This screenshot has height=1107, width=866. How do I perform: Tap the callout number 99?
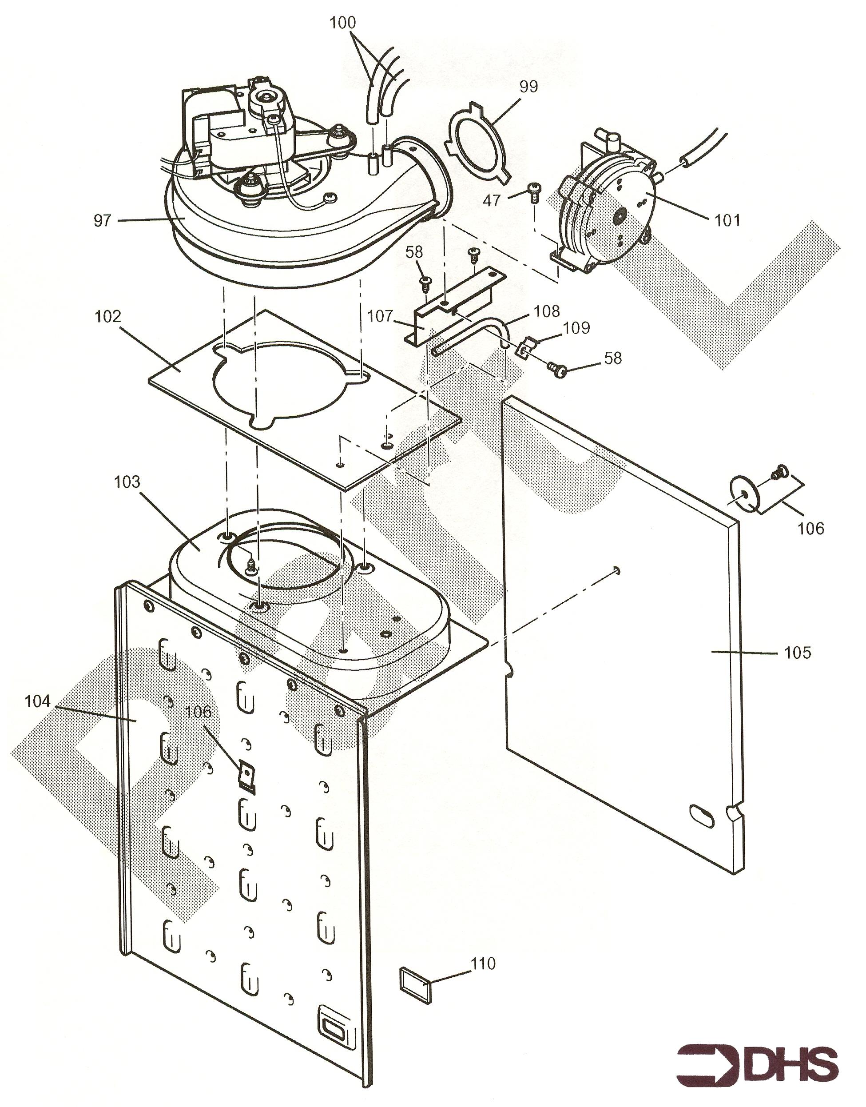pyautogui.click(x=528, y=87)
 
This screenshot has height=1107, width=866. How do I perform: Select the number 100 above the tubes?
pyautogui.click(x=343, y=23)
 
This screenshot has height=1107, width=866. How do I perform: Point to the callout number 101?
pyautogui.click(x=727, y=221)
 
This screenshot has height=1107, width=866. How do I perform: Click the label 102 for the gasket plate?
pyautogui.click(x=108, y=316)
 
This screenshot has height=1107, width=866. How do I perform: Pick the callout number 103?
pyautogui.click(x=127, y=481)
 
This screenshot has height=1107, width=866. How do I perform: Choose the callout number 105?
pyautogui.click(x=798, y=652)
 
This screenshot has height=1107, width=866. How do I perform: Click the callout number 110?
pyautogui.click(x=483, y=964)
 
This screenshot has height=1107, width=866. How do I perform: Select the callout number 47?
pyautogui.click(x=491, y=201)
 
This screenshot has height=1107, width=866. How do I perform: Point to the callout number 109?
pyautogui.click(x=576, y=328)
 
